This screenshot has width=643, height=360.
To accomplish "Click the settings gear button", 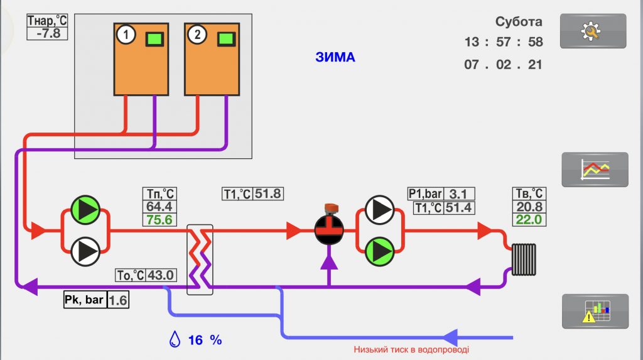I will click(x=593, y=31).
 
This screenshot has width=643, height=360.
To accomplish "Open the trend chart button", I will click(x=595, y=169).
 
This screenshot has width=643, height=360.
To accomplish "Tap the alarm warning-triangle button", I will click(x=595, y=311).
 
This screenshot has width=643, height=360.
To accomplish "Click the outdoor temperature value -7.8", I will click(x=48, y=33).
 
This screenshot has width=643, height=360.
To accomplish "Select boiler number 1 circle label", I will click(x=126, y=35).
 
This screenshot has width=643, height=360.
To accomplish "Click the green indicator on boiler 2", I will click(x=225, y=39).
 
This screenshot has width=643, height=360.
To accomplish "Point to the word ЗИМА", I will click(x=335, y=58).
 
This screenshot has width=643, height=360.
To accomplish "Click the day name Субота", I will click(x=518, y=22).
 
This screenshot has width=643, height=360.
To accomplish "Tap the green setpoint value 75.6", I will click(x=159, y=220).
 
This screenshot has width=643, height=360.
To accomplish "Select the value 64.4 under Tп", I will click(x=159, y=207).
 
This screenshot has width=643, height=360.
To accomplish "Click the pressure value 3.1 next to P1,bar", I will click(x=458, y=194).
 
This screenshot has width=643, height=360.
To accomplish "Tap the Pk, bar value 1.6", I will click(x=118, y=300).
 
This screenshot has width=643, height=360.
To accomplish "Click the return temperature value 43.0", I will click(x=161, y=275).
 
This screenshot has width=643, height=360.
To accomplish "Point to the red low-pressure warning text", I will click(x=411, y=350).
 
